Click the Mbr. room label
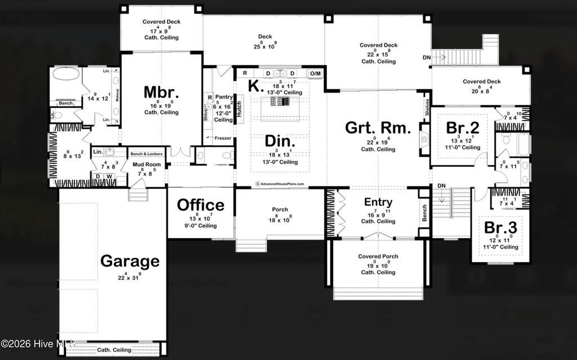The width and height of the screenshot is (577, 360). [161, 92]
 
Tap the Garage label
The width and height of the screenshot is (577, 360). [130, 261]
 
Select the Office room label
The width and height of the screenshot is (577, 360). [201, 205]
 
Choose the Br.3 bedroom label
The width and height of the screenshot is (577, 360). [501, 228]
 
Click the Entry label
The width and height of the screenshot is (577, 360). [378, 202]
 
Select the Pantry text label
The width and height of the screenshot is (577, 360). [224, 97]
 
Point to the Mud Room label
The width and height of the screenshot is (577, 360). [147, 165]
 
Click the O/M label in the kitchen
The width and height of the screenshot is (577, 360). [316, 73]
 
